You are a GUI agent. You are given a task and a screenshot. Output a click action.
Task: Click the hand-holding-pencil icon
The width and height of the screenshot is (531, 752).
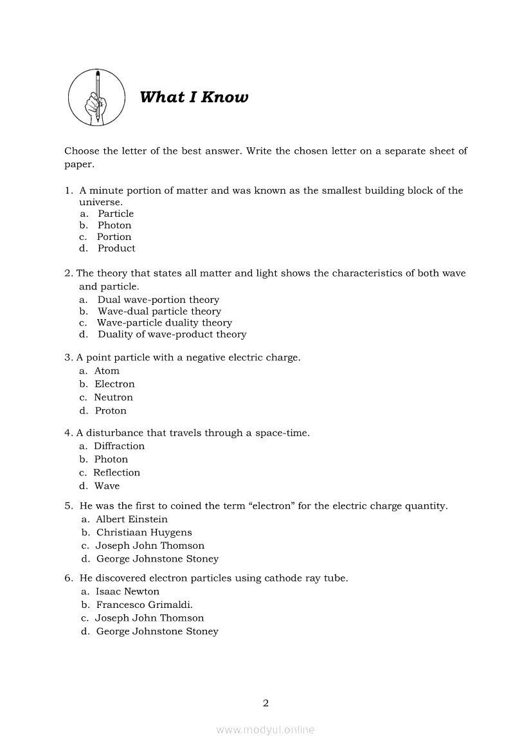[96, 98]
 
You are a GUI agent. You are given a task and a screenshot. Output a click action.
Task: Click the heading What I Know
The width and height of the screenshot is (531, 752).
[194, 98]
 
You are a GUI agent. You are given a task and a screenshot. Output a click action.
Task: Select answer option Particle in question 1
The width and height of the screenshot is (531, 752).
[116, 214]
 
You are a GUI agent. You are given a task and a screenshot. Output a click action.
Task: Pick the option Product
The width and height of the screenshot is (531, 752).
[116, 248]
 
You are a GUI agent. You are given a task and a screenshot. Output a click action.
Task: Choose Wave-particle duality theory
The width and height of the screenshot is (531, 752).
[165, 323]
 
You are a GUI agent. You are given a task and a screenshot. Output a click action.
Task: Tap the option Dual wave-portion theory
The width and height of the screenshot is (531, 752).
[158, 300]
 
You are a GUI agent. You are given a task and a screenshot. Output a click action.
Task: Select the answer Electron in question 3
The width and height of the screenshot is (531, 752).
[114, 384]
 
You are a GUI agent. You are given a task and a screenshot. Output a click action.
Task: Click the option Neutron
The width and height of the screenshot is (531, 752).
[114, 398]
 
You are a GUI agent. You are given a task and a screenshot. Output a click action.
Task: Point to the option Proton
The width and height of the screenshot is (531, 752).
[111, 411]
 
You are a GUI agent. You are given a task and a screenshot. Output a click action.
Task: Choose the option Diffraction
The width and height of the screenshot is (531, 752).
[119, 446]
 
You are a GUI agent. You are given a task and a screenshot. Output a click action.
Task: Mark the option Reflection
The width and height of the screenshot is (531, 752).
[116, 473]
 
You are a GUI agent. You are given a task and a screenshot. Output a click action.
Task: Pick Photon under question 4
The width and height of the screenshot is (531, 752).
[111, 459]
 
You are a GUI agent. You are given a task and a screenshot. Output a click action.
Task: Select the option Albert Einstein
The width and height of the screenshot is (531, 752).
[131, 519]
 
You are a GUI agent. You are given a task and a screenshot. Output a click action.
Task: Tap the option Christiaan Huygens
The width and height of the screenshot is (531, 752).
[144, 533]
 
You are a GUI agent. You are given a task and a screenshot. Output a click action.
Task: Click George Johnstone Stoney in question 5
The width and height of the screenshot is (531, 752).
[157, 559]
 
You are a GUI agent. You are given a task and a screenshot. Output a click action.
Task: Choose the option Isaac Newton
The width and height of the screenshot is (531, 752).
[127, 592]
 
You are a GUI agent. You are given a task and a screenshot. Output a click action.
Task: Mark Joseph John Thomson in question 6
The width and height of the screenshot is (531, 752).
[149, 618]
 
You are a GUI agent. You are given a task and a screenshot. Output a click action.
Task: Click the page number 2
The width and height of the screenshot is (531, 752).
[265, 702]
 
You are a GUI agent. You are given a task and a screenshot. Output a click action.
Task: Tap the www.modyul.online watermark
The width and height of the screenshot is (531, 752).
[265, 730]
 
